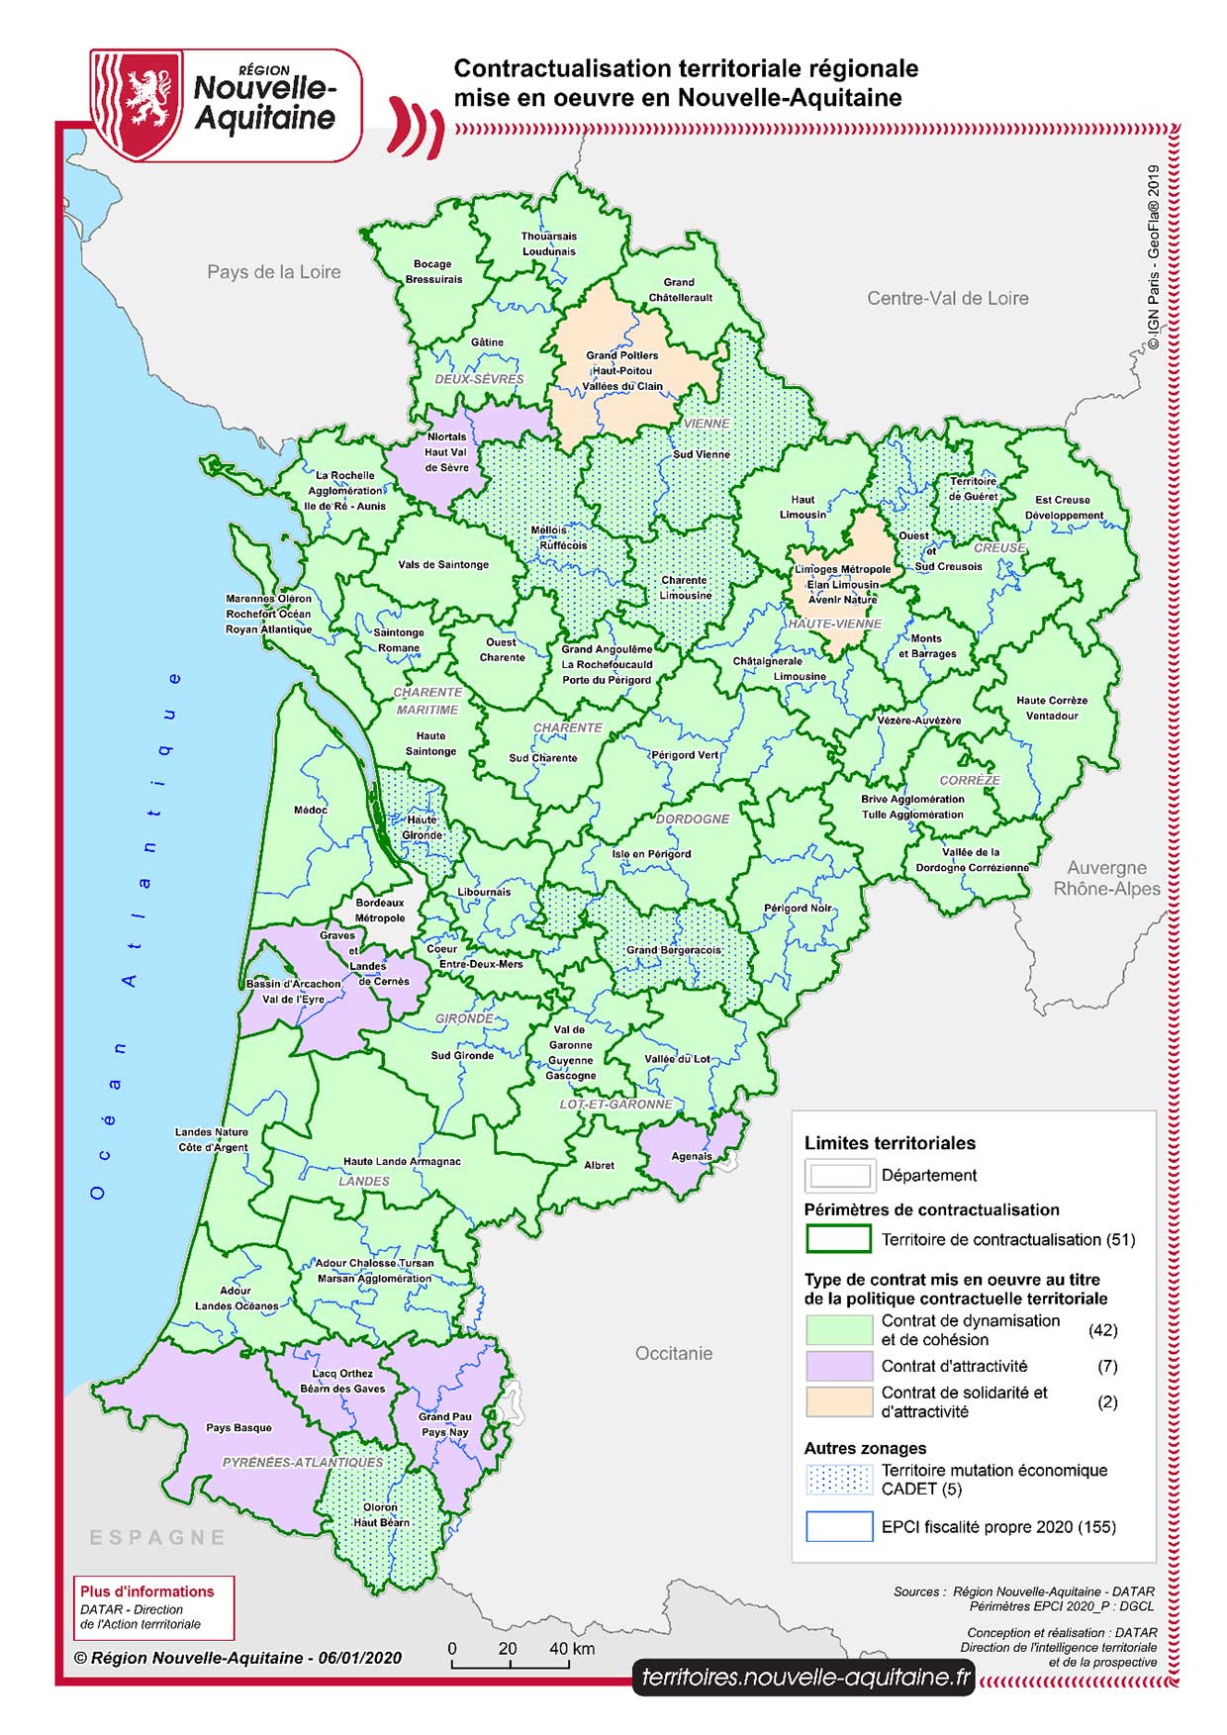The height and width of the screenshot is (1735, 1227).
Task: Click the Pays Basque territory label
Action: tap(237, 1427)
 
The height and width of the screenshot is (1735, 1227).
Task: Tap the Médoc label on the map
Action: tap(310, 810)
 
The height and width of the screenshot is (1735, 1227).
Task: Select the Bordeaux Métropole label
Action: tap(380, 911)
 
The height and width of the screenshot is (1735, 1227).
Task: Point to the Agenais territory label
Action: tap(691, 1156)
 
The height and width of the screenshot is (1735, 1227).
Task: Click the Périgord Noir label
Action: tap(798, 908)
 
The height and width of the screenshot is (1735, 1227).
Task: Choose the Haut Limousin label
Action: tap(802, 507)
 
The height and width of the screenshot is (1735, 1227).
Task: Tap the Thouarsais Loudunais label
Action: tap(549, 243)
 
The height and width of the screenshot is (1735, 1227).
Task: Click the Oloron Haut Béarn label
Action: tap(381, 1514)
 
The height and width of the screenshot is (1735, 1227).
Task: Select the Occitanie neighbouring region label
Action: tap(673, 1353)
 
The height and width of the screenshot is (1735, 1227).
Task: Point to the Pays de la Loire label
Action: tap(273, 271)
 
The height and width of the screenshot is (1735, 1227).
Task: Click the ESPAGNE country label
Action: tap(157, 1537)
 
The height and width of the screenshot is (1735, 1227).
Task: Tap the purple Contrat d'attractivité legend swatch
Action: tap(838, 1366)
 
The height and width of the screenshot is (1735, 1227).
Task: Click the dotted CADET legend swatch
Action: tap(838, 1480)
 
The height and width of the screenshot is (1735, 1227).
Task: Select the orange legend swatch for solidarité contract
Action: tap(838, 1401)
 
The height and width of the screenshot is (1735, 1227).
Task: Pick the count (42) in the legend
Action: tap(1102, 1330)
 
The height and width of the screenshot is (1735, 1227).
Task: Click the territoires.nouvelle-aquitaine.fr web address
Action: tap(804, 1677)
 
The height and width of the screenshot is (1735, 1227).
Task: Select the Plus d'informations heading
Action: tap(146, 1591)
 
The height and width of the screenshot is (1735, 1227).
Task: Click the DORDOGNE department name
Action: tap(692, 819)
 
